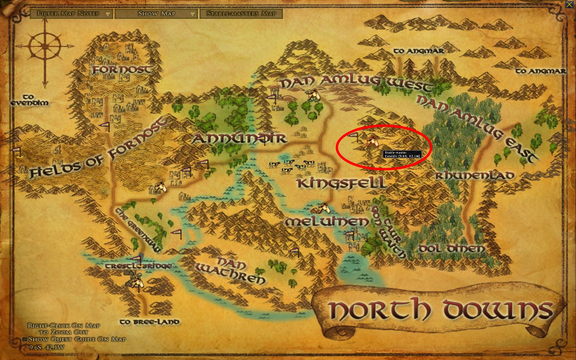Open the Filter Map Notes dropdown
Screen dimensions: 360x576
pyautogui.click(x=71, y=13)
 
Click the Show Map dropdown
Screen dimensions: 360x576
pyautogui.click(x=156, y=13)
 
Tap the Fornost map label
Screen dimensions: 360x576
pyautogui.click(x=122, y=70)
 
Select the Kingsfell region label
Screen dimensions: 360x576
pyautogui.click(x=341, y=183)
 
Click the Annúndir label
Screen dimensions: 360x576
pyautogui.click(x=239, y=138)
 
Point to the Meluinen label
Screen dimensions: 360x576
pyautogui.click(x=327, y=221)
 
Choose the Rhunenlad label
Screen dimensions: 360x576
pyautogui.click(x=475, y=175)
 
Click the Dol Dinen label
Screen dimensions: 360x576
pyautogui.click(x=451, y=248)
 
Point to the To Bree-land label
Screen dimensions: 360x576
pyautogui.click(x=149, y=322)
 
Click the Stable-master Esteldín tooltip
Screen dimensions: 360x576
pyautogui.click(x=403, y=154)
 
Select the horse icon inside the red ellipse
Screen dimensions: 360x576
pyautogui.click(x=372, y=141)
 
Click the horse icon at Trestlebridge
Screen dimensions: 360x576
pyautogui.click(x=136, y=282)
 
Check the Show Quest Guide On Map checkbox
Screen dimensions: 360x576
pyautogui.click(x=25, y=339)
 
